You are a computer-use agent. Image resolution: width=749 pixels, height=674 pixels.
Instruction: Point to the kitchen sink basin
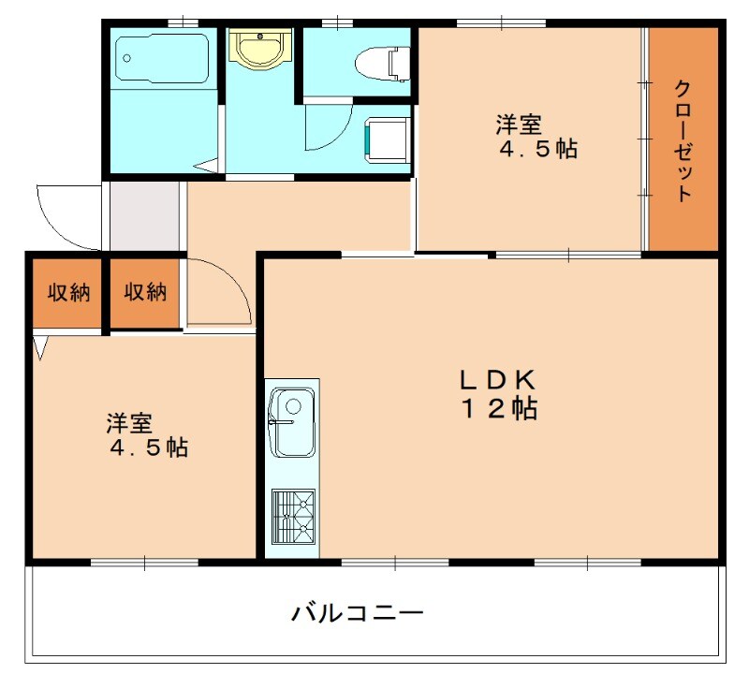[293, 422]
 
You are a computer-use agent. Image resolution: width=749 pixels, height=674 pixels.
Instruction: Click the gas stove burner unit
[293, 516]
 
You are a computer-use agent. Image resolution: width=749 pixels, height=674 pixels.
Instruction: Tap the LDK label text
[495, 379]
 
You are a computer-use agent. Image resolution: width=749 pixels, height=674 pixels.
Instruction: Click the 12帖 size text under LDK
[496, 409]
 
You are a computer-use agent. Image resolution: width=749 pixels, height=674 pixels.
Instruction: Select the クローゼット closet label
[683, 140]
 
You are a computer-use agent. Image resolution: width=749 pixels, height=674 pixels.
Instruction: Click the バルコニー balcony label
[358, 614]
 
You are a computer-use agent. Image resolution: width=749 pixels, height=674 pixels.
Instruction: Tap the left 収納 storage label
[68, 292]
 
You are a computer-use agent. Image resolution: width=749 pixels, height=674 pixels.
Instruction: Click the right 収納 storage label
[145, 292]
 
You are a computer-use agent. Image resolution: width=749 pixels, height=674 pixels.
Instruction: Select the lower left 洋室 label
[128, 423]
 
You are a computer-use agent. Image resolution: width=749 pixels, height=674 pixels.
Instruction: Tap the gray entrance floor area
[143, 216]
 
